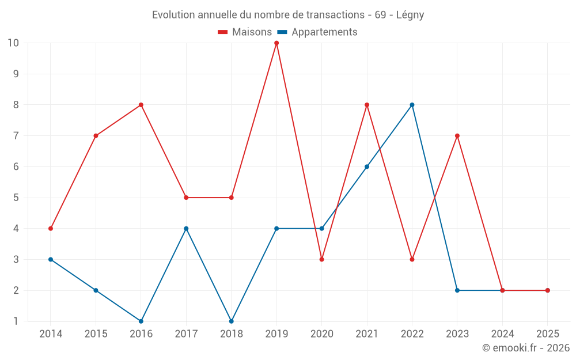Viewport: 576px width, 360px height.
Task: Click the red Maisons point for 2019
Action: coord(276,43)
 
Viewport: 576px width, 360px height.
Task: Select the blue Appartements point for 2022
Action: coord(412,105)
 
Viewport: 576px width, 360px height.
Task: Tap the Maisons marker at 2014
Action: coord(51,229)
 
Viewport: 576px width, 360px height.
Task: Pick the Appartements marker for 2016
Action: coord(141,321)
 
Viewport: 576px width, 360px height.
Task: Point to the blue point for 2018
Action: coord(232,321)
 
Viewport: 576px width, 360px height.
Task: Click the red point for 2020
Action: coord(321,259)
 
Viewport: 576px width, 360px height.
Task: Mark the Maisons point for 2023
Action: coord(457,136)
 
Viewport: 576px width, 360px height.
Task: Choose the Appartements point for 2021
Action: coord(367,166)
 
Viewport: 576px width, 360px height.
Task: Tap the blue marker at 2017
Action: coord(186,229)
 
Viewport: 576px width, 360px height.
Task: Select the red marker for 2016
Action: coord(141,105)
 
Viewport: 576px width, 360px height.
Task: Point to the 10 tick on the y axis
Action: coord(13,43)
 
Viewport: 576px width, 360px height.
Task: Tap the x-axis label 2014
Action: coord(51,334)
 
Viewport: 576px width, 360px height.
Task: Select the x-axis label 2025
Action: coord(547,334)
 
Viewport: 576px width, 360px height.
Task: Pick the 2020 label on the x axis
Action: coord(321,334)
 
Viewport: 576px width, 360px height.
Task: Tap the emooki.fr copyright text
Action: coord(526,348)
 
